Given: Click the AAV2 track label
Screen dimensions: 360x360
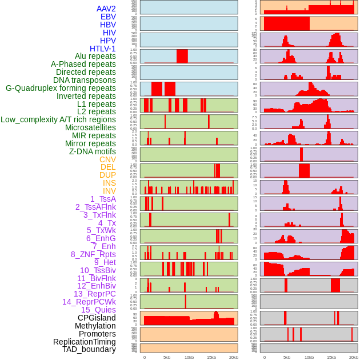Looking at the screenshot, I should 106,9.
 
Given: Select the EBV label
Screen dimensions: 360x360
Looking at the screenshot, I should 108,17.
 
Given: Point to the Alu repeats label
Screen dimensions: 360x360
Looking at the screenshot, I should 95,57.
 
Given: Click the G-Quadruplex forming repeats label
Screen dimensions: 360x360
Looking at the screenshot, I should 61,88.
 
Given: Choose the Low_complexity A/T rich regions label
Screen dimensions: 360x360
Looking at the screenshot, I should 58,119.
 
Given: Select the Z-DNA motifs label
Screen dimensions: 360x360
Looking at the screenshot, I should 92,151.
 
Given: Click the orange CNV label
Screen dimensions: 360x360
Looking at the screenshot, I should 107,159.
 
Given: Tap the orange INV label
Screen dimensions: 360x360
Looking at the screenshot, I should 109,191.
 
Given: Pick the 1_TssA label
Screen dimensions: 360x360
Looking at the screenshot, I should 103,199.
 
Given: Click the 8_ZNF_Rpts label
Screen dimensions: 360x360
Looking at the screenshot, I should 93,254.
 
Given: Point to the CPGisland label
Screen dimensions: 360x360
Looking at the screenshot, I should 97,318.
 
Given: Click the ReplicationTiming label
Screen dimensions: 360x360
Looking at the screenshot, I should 84,342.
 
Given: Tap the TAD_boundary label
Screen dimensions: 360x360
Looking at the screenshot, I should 89,349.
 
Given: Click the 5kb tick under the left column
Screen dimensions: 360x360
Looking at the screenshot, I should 167,357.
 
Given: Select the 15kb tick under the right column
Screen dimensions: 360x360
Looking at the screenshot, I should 331,357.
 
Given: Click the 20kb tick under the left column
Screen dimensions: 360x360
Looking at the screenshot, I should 234,357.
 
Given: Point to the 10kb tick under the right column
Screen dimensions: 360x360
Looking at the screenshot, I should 309,357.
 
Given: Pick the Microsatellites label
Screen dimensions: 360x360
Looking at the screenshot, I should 90,127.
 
